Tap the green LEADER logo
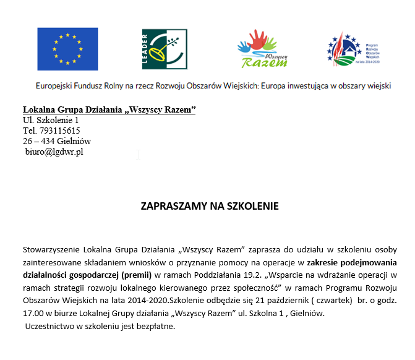point(165,49)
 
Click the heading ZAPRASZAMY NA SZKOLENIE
point(210,206)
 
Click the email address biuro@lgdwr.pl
point(54,152)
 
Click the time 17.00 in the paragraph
point(33,313)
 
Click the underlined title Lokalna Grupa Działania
point(109,109)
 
